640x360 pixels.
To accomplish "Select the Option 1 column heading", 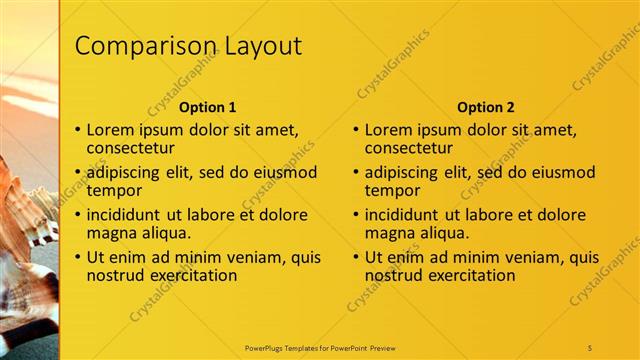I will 208,107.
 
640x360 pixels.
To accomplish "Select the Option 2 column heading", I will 486,107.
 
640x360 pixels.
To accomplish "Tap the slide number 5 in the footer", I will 590,347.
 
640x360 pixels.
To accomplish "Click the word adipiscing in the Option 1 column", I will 124,172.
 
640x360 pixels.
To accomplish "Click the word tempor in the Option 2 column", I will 392,190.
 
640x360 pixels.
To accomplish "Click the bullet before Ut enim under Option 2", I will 356,257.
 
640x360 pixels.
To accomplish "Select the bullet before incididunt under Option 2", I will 356,215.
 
